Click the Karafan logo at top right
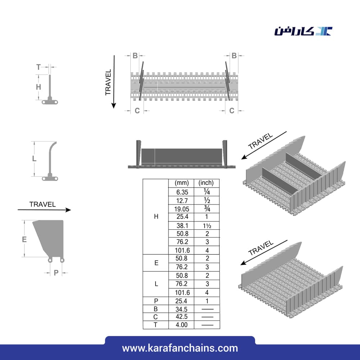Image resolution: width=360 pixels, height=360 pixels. click(x=303, y=31)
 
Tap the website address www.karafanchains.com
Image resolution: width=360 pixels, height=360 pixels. click(x=180, y=348)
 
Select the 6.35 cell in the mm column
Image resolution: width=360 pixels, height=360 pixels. click(x=182, y=192)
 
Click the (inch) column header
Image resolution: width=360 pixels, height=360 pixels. click(x=206, y=183)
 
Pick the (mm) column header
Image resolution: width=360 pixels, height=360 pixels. click(x=181, y=183)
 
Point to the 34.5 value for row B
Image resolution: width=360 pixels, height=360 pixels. click(x=181, y=309)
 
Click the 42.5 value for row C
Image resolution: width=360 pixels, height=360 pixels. click(x=181, y=316)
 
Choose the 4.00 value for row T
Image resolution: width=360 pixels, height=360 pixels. click(x=181, y=325)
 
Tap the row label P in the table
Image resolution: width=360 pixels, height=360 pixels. click(x=156, y=301)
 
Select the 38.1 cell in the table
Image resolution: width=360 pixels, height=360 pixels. click(x=182, y=225)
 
